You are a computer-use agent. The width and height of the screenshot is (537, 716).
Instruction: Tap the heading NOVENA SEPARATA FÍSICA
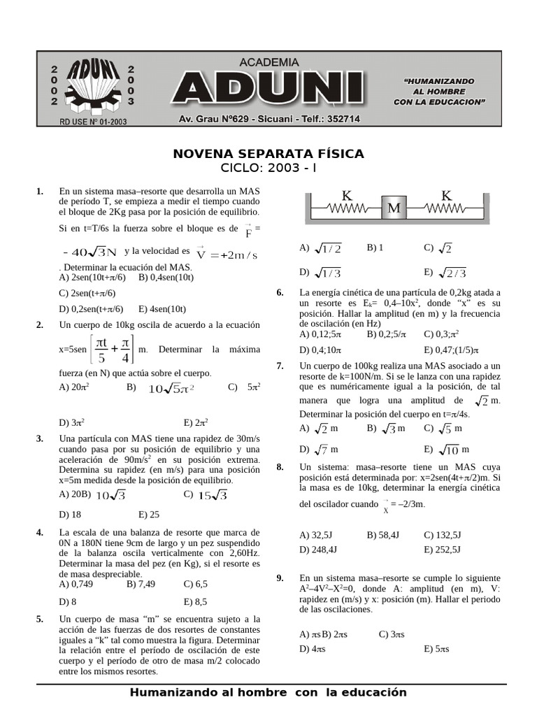tap(268, 154)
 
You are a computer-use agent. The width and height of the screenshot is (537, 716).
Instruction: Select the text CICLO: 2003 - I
tap(268, 169)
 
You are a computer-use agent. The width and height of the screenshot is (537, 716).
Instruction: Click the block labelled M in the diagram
tap(394, 208)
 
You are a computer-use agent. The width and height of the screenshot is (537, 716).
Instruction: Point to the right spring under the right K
tap(445, 208)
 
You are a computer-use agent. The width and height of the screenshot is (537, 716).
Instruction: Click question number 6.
tap(280, 292)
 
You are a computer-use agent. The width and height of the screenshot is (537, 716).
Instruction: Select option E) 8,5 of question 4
tap(196, 601)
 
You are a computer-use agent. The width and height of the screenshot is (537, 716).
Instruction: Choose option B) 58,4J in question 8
tap(382, 535)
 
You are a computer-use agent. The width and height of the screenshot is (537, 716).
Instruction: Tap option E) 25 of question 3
tap(149, 514)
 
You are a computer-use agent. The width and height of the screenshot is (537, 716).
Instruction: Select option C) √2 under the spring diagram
tap(438, 248)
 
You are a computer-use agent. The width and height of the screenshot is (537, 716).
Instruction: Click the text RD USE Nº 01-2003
tap(93, 121)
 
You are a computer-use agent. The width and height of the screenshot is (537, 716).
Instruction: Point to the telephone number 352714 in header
tap(342, 120)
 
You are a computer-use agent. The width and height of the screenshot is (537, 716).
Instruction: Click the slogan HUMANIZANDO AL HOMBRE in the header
tap(438, 92)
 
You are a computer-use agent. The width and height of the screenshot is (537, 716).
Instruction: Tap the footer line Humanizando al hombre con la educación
tap(268, 692)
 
